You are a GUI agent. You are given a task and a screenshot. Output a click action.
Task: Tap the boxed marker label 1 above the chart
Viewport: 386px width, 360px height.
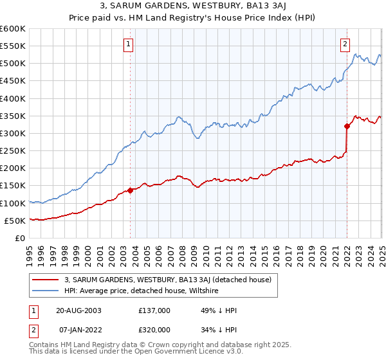(x=129, y=44)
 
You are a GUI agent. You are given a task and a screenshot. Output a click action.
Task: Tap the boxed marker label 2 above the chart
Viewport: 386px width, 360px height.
(x=345, y=44)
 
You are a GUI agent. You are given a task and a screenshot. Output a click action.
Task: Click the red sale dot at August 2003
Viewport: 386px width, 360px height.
(x=130, y=190)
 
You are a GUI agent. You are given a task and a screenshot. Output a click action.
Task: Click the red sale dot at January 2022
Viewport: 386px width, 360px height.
(x=347, y=126)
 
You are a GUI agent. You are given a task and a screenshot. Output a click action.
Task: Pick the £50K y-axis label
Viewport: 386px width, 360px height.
(x=15, y=221)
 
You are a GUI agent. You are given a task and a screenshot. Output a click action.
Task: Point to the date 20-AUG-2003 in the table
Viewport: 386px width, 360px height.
(x=78, y=310)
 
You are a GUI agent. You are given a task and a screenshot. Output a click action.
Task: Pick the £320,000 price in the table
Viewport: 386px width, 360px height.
(x=154, y=329)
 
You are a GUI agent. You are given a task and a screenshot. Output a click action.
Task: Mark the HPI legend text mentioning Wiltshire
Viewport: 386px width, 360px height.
(x=142, y=291)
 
